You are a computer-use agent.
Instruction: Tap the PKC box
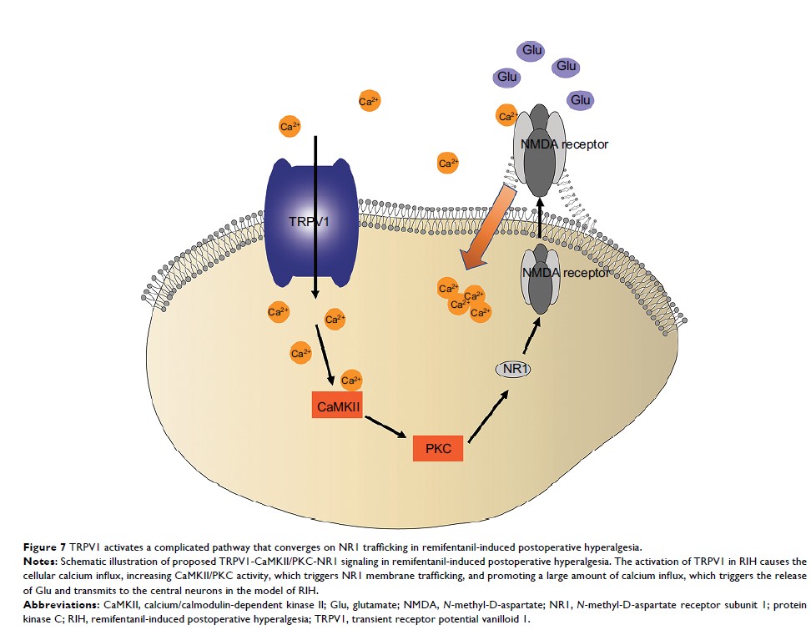pyautogui.click(x=438, y=448)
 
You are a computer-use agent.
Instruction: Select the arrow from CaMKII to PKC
pyautogui.click(x=385, y=426)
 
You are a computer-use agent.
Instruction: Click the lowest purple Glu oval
pyautogui.click(x=581, y=100)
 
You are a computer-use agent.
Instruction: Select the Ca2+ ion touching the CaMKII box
pyautogui.click(x=351, y=380)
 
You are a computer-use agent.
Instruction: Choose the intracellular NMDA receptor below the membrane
pyautogui.click(x=541, y=275)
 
